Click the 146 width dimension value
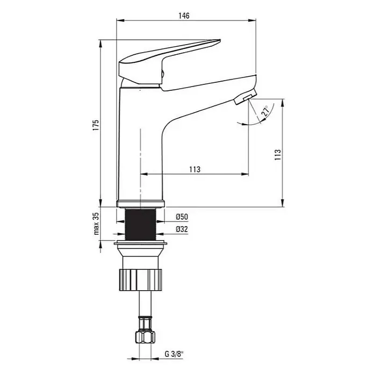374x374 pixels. [184, 16]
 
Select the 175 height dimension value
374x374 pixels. [96, 125]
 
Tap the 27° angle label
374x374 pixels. [265, 111]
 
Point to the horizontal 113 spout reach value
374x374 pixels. [195, 169]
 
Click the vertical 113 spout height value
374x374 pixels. [278, 155]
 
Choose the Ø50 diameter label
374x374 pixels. [182, 217]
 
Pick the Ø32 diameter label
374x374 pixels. [182, 229]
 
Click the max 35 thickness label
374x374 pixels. [96, 224]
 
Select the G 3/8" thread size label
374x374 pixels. [174, 354]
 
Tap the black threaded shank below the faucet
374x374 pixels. [140, 224]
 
